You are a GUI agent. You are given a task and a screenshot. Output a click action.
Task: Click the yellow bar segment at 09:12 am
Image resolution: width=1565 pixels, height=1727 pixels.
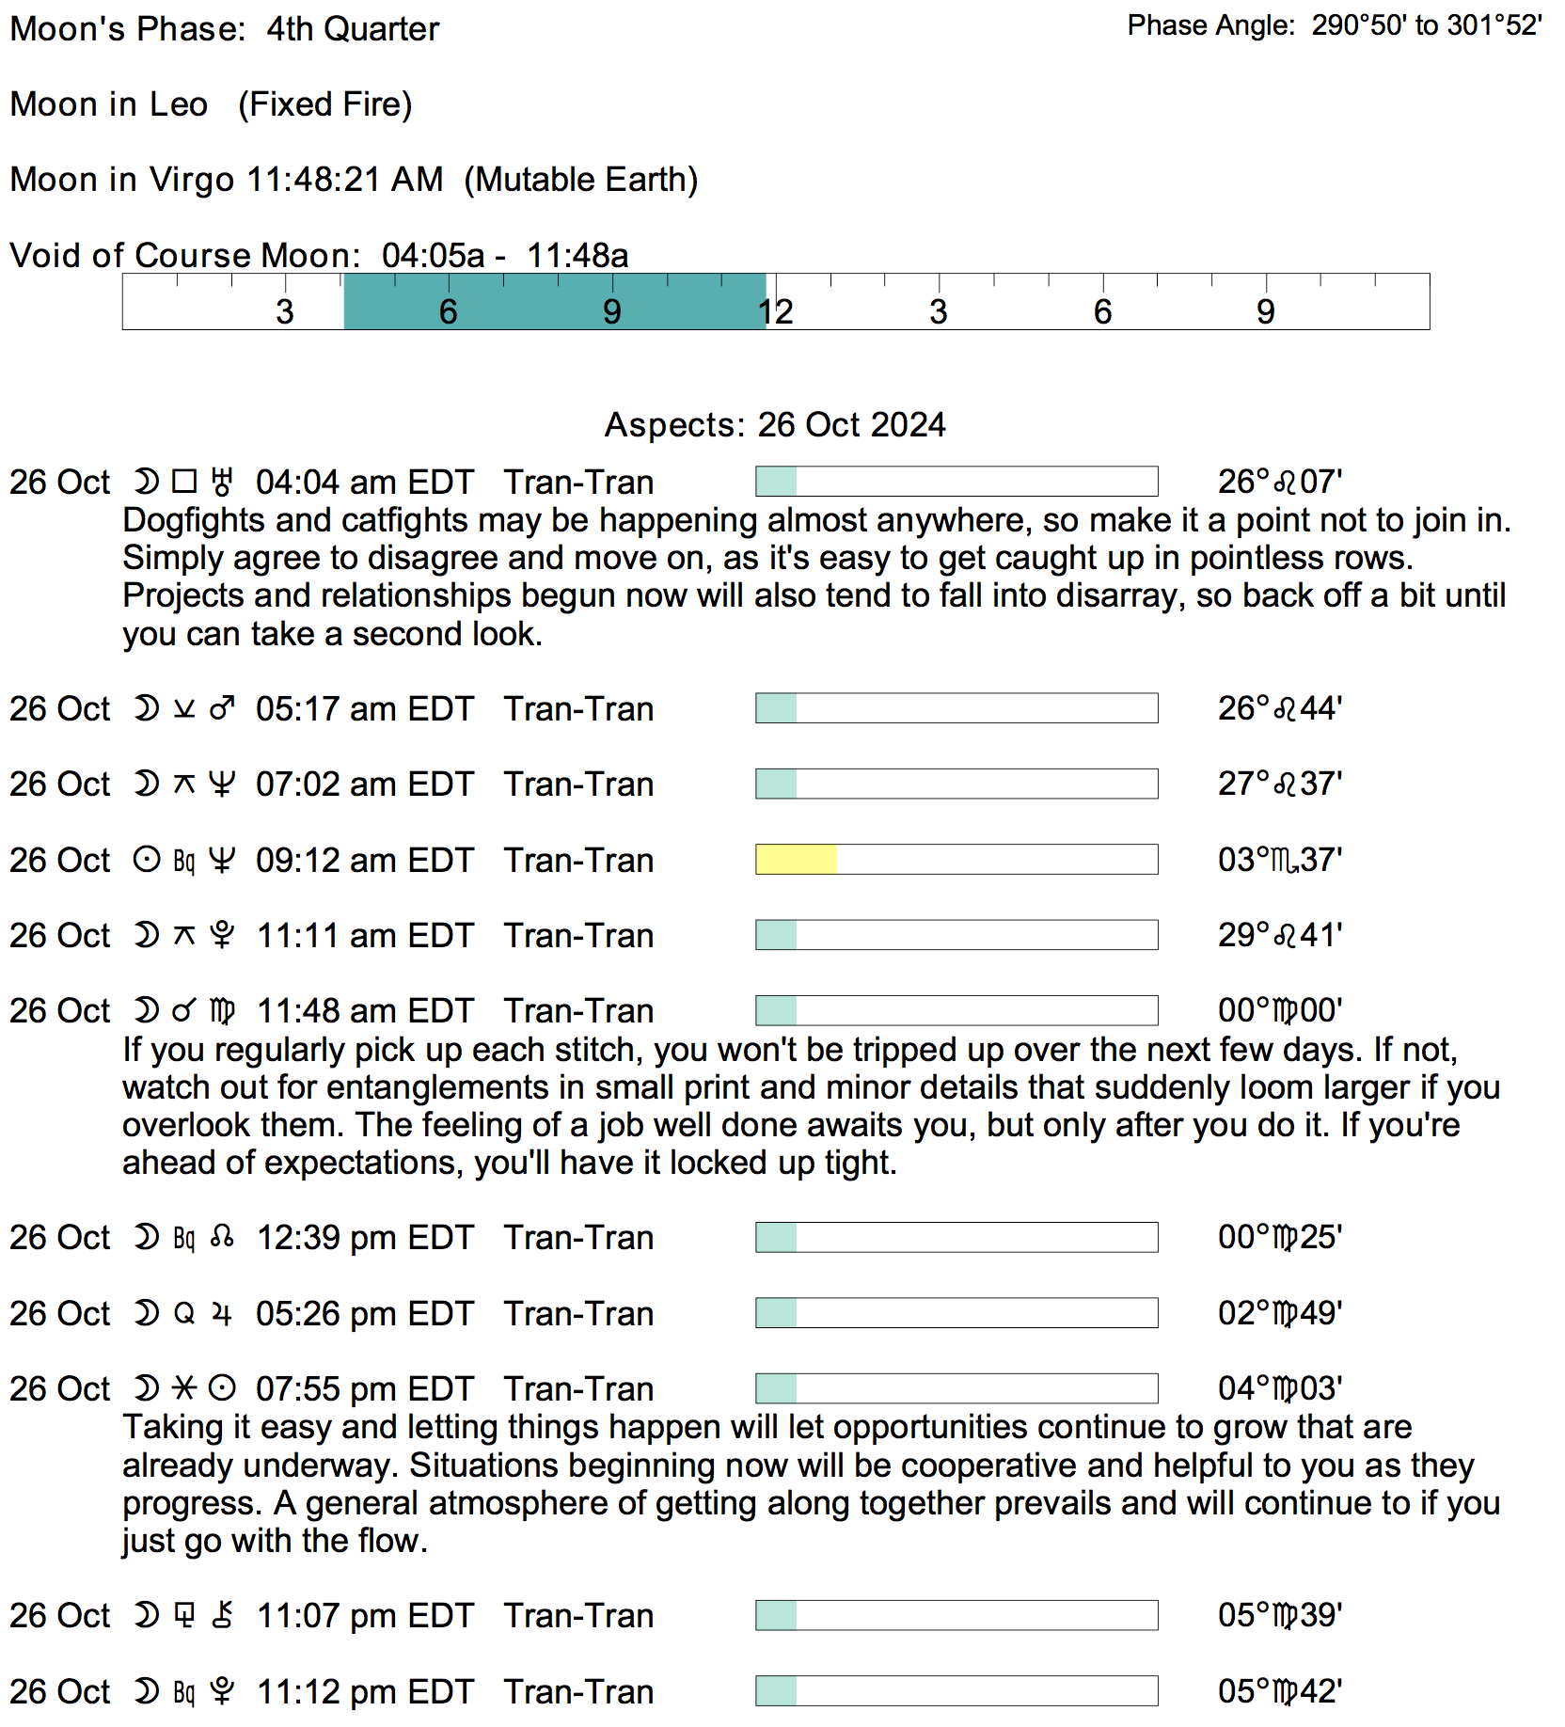(796, 860)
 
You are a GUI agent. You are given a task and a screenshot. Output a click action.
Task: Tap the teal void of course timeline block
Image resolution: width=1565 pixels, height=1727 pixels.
(554, 302)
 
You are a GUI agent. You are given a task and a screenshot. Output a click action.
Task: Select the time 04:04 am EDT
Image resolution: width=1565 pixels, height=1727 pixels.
(364, 483)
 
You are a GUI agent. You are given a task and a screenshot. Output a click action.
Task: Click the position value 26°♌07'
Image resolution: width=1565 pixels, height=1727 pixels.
(1279, 483)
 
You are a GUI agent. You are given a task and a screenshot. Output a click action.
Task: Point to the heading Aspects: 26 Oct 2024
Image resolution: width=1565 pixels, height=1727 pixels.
(775, 425)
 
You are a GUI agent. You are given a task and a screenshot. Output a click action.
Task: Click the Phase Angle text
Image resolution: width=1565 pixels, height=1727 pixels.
(1334, 25)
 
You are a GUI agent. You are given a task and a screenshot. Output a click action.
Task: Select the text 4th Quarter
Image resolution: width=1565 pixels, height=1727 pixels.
(353, 29)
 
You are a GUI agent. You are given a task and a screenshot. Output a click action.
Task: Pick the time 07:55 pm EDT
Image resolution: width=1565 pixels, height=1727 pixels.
(364, 1389)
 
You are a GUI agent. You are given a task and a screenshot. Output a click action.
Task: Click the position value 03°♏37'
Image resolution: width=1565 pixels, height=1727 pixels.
(1279, 860)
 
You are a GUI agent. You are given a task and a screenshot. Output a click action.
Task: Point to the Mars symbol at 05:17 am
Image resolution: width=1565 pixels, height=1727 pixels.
(222, 708)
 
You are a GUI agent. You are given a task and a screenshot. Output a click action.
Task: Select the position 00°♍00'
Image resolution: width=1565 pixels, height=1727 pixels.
(1279, 1011)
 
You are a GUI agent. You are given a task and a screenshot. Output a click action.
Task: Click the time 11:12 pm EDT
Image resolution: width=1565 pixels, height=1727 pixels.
(364, 1692)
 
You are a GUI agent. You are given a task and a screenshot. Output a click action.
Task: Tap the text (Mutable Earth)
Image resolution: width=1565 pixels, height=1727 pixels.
(581, 180)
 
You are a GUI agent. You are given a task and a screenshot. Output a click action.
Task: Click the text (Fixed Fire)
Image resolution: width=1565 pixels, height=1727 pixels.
(324, 104)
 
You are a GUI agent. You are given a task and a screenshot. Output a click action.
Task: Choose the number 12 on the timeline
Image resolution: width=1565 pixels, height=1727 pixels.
(777, 311)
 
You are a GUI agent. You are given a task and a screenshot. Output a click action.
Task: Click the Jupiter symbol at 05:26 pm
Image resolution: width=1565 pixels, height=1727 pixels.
(222, 1314)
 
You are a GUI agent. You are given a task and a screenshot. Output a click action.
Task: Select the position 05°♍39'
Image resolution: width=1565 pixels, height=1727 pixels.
(1279, 1616)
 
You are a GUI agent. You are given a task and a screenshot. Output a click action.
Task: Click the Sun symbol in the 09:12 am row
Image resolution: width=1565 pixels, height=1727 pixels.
(147, 860)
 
